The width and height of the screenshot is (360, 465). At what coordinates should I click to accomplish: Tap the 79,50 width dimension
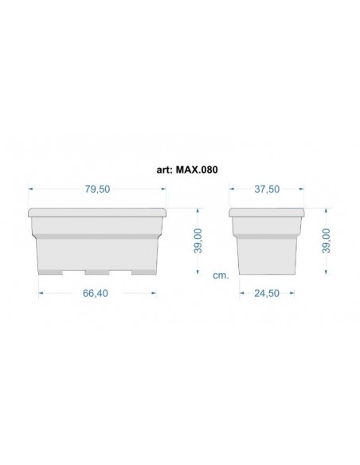97,189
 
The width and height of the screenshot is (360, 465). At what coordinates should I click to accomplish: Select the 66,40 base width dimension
95,293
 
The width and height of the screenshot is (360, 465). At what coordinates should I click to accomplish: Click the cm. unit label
221,275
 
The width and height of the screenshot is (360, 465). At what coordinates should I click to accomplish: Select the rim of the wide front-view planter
97,213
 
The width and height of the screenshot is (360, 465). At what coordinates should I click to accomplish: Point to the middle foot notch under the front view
97,272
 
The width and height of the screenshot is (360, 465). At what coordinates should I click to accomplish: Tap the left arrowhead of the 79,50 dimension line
31,189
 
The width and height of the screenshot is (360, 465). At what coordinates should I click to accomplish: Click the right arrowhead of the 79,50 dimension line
164,189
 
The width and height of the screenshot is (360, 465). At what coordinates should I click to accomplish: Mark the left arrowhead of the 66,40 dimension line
41,293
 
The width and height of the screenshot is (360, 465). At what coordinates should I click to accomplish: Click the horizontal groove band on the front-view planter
97,235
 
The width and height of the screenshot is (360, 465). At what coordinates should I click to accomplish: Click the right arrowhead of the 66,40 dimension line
154,293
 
